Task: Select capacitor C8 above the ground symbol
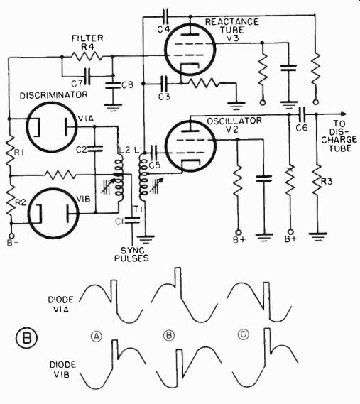point(113,85)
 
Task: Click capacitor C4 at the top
point(165,16)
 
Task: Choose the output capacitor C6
point(302,114)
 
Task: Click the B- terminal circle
point(11,236)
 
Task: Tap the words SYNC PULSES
point(131,254)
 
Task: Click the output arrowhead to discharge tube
point(343,114)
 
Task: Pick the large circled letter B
point(27,338)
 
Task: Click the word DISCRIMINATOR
point(54,95)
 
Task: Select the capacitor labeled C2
point(95,149)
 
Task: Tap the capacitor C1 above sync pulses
point(131,220)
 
